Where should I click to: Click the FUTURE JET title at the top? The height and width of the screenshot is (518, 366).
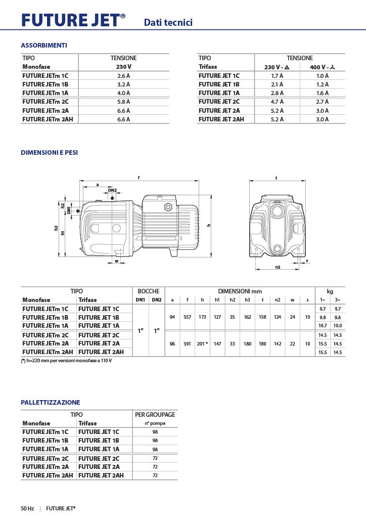[73, 20]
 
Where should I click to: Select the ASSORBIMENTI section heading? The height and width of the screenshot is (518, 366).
[44, 46]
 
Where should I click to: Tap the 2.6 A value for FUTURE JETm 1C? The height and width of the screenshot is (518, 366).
[123, 76]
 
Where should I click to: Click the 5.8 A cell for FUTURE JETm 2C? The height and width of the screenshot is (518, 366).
[123, 102]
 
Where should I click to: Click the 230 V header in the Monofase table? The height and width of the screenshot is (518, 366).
[123, 67]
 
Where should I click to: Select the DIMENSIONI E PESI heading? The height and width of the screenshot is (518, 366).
[50, 152]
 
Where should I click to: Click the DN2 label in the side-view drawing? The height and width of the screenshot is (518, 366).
[112, 190]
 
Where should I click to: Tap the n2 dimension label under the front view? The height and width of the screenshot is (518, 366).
[278, 267]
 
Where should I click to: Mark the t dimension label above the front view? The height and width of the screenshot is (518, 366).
[277, 178]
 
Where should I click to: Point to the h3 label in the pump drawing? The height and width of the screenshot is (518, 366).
[57, 228]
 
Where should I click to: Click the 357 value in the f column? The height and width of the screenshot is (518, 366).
[187, 317]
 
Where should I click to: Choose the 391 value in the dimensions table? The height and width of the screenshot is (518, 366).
[187, 343]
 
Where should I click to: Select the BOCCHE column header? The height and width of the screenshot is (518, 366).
[149, 291]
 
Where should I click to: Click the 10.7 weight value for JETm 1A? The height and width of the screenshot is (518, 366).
[323, 326]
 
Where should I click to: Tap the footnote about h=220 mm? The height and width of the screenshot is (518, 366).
[66, 361]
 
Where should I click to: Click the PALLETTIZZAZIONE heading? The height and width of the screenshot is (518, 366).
[51, 402]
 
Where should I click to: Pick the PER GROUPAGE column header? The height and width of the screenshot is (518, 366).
[155, 415]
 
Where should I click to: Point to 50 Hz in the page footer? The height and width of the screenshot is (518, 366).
[27, 508]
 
